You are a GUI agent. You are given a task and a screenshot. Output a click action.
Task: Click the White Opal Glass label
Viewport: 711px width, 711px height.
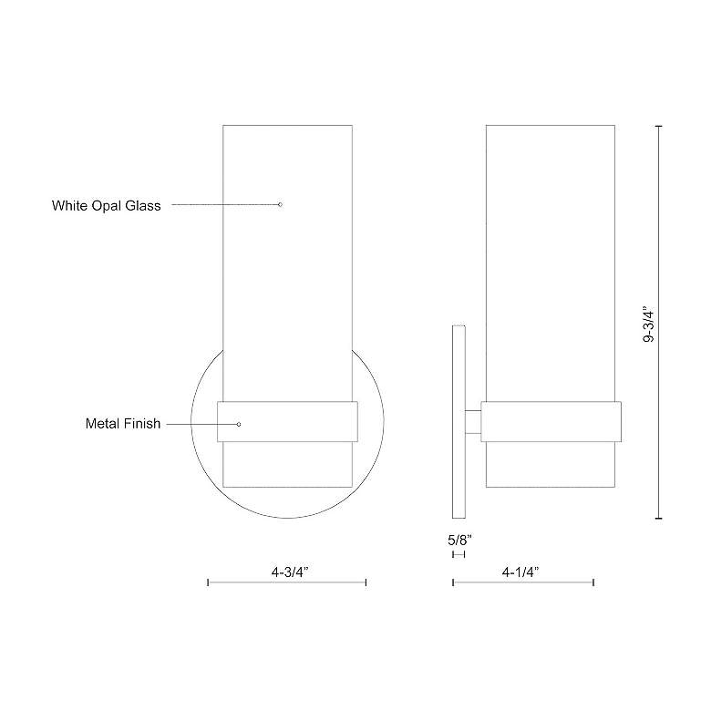[x=106, y=206]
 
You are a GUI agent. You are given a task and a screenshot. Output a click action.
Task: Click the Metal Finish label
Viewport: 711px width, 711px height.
[x=123, y=424]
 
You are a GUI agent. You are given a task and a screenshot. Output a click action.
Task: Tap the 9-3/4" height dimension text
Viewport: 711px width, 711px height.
[x=648, y=324]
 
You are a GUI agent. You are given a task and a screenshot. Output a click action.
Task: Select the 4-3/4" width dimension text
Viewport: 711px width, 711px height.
[x=291, y=571]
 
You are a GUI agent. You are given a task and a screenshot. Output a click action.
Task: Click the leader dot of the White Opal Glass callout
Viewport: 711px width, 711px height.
[x=280, y=204]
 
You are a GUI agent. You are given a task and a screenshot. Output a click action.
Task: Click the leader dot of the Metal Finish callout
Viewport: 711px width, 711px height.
[x=239, y=424]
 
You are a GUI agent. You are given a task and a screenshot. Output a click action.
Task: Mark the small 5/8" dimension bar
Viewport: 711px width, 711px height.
[x=459, y=554]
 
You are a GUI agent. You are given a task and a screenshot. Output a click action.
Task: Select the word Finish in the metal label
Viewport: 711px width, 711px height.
[x=141, y=424]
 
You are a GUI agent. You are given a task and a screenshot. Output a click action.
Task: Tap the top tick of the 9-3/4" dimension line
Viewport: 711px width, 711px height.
[x=658, y=126]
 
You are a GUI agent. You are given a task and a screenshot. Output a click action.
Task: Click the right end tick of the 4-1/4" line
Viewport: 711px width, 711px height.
[x=593, y=582]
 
